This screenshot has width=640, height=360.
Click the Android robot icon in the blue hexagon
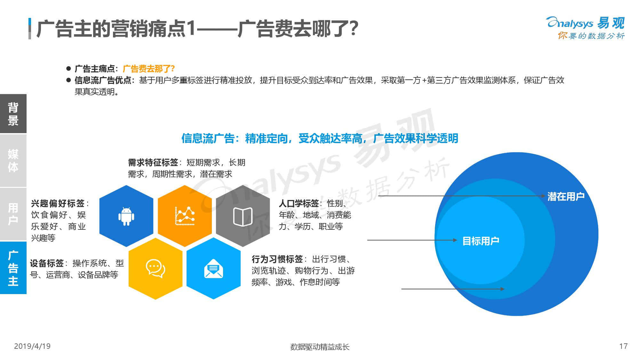(x=126, y=216)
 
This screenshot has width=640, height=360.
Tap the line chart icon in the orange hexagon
(x=185, y=216)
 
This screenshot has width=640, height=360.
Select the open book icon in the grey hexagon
(x=243, y=217)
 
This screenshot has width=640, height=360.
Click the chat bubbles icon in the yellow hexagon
(x=156, y=268)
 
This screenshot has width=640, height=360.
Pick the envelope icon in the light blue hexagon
(x=213, y=268)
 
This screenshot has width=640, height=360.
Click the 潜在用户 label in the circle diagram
(x=566, y=196)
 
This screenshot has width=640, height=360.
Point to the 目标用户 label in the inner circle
(x=481, y=241)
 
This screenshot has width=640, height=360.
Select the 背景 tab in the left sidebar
(x=13, y=114)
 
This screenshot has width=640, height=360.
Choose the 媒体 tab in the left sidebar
(x=13, y=161)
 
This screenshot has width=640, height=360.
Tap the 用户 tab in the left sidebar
(x=13, y=214)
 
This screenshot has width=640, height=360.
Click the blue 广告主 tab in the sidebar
(x=13, y=268)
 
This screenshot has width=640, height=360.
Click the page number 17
(x=623, y=346)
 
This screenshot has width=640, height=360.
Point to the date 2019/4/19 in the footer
(x=32, y=346)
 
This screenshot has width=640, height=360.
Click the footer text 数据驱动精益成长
(x=320, y=347)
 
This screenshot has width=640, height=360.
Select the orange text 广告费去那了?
(x=149, y=69)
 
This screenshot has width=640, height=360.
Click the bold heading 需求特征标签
(x=153, y=163)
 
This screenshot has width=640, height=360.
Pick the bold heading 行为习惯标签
(x=277, y=259)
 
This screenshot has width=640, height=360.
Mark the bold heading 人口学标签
(x=299, y=204)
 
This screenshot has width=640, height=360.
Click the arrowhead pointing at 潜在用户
(x=543, y=196)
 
